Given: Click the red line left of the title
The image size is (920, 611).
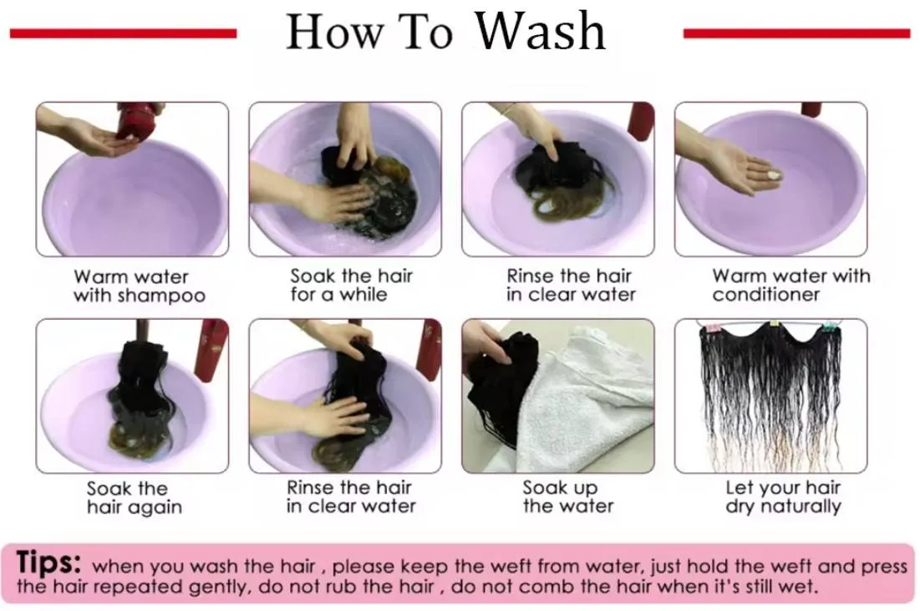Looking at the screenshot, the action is point(123,33).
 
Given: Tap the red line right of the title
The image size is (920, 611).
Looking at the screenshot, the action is point(797,33).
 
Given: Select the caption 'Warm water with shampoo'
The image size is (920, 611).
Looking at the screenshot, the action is point(139,285).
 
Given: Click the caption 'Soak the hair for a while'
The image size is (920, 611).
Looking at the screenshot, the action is point(352,285).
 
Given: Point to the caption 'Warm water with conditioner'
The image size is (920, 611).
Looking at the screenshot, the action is point(791,285).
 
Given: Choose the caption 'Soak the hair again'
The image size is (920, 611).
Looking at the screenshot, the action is point(135,497).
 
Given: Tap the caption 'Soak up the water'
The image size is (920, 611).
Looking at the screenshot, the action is point(568,497).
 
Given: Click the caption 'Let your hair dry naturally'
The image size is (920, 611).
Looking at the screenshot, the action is point(783,497).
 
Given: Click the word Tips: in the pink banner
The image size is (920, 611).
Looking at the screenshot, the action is point(48,562).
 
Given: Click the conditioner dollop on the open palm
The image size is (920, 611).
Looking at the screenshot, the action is point(773,174).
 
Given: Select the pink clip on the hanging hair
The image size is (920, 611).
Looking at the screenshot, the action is point(714,326).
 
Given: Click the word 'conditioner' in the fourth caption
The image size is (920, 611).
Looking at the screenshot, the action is point(765,295).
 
